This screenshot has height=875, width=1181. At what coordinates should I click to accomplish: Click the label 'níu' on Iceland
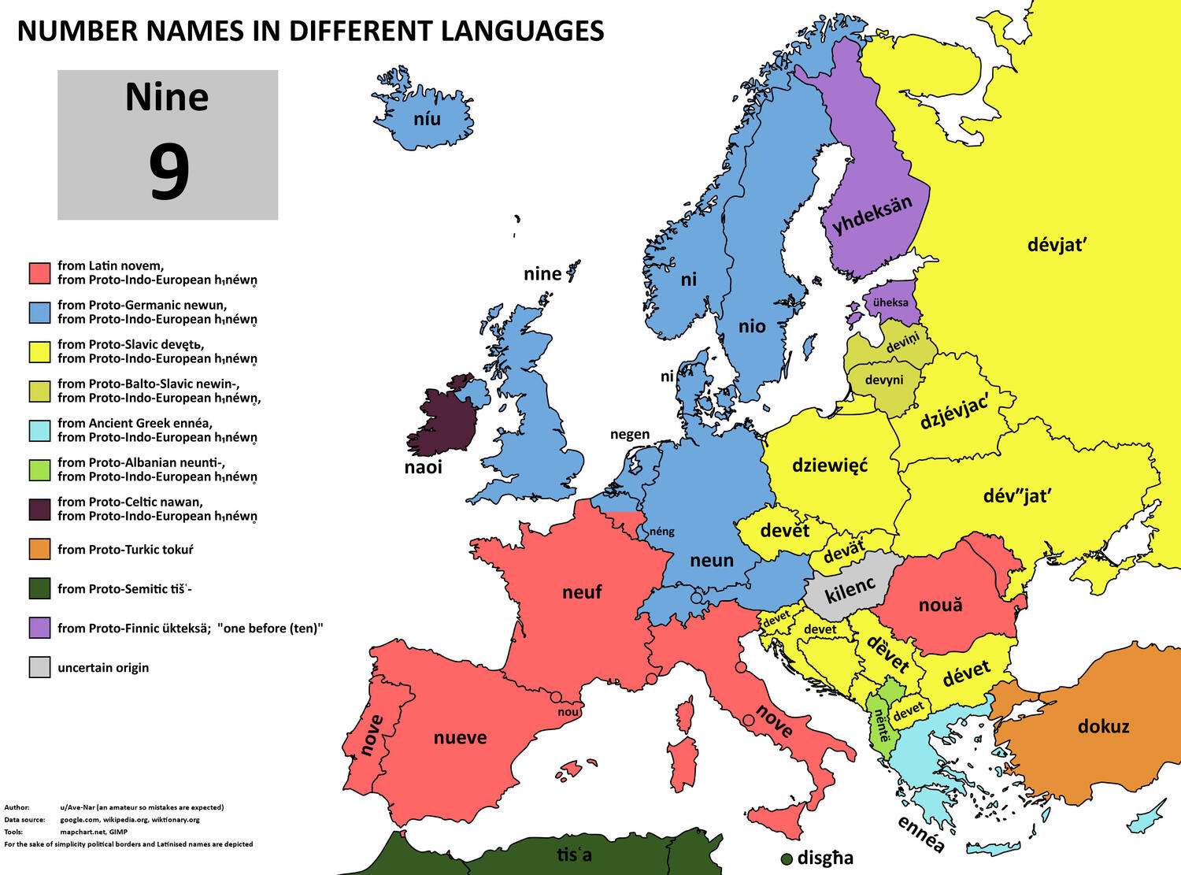click(427, 120)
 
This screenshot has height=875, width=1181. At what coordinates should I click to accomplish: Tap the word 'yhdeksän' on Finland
click(872, 214)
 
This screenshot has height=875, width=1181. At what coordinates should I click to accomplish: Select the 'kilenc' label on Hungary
click(850, 587)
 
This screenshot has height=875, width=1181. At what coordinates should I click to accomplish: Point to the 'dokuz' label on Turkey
click(1103, 726)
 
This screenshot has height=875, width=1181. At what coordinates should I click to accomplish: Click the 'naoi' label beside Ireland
click(424, 468)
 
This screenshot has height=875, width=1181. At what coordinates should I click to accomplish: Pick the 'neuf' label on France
click(582, 592)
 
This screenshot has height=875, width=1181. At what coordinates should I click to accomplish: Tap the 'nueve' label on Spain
click(460, 738)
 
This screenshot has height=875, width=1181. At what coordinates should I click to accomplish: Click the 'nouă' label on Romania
click(940, 606)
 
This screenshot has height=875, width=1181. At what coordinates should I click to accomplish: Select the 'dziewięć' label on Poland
click(829, 465)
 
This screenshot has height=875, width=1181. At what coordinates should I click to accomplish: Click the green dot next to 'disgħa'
click(786, 858)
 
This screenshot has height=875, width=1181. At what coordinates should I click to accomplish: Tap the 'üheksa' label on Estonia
click(890, 302)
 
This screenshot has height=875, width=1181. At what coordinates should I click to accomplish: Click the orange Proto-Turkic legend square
click(39, 550)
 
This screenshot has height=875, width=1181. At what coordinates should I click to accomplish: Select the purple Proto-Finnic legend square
click(39, 628)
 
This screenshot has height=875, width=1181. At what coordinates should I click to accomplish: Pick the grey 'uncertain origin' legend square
click(39, 668)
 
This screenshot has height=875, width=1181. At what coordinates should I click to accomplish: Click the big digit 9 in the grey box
click(168, 174)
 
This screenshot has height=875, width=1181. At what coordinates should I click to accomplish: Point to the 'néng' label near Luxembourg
click(661, 532)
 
